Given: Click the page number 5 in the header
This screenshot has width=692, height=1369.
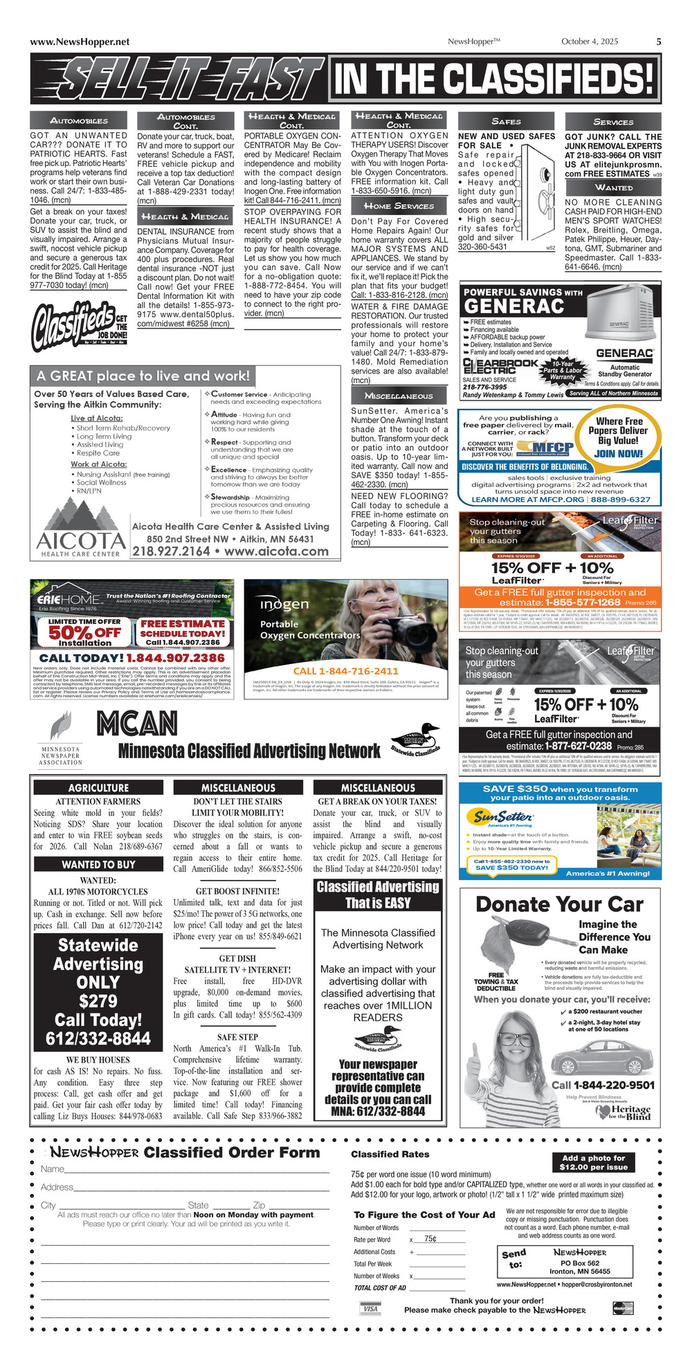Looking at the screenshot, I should click(x=658, y=42).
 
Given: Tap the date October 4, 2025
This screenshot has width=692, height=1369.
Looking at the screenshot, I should click(x=590, y=42).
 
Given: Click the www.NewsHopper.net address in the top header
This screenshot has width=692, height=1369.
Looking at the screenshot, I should click(x=80, y=42).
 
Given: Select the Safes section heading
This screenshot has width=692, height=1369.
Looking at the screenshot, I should click(x=506, y=121).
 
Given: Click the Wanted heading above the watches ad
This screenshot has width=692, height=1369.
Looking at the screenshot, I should click(x=613, y=187).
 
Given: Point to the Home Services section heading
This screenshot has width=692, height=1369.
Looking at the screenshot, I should click(x=399, y=206).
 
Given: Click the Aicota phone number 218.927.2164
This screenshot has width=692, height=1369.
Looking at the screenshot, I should click(x=171, y=551).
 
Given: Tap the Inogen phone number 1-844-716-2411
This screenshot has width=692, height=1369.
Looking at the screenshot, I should click(x=346, y=670).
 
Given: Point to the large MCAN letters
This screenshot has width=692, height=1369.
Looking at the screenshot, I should click(x=137, y=724).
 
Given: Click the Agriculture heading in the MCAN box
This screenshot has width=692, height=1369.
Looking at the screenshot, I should click(x=98, y=787).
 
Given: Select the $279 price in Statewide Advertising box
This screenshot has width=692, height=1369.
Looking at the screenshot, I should click(x=98, y=1001).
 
